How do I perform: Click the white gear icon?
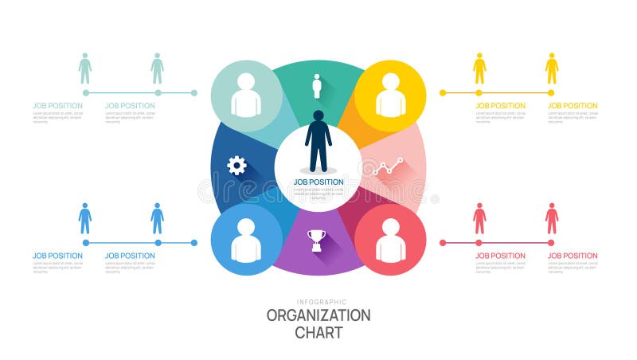click(236, 166)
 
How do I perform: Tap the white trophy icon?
click(317, 240)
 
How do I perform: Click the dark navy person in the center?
click(318, 140)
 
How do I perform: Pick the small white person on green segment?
click(317, 86)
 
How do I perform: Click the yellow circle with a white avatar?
click(390, 96)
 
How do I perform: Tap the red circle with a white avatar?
click(390, 240)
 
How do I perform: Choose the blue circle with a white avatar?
click(246, 240)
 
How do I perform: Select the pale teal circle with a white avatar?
click(246, 96)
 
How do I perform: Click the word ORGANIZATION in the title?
click(318, 315)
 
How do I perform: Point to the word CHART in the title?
click(318, 332)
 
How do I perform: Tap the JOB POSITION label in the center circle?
click(318, 182)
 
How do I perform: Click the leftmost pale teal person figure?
click(85, 68)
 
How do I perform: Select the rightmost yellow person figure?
click(552, 68)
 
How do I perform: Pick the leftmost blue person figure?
click(85, 218)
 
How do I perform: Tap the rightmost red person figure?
click(552, 218)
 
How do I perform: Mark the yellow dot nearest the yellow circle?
click(444, 93)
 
